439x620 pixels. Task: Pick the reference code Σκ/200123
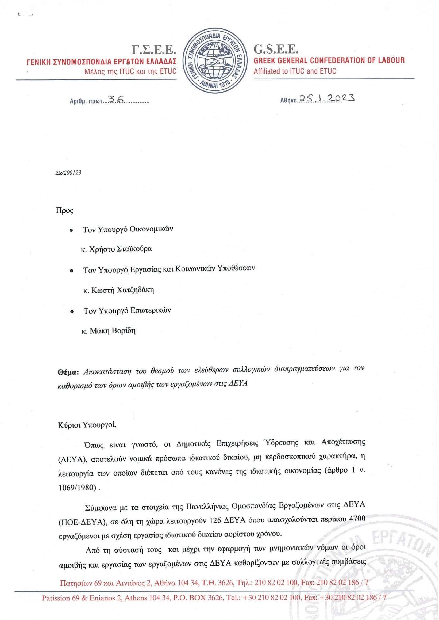pos(67,173)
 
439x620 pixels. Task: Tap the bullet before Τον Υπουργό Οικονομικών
pos(71,230)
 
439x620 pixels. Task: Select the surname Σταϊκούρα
pos(134,249)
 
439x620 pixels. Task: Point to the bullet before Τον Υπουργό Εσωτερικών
pos(72,312)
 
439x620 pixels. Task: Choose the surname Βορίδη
pos(124,331)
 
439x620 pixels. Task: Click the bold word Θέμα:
pos(68,372)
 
